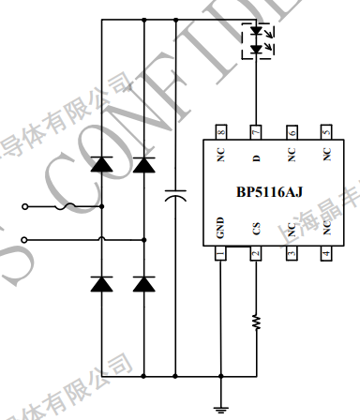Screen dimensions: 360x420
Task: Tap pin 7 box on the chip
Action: click(255, 132)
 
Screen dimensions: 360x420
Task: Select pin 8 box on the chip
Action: click(220, 132)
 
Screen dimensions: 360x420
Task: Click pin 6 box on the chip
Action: click(291, 132)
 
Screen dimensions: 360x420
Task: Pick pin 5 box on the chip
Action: click(326, 132)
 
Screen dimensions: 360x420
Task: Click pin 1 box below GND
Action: click(220, 253)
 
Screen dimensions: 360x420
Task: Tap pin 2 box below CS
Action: click(255, 253)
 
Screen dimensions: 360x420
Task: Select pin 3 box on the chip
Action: click(291, 253)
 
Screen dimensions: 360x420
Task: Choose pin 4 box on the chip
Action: click(326, 253)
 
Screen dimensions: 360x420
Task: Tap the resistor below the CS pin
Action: click(255, 322)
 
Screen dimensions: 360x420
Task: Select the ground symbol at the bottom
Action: click(219, 406)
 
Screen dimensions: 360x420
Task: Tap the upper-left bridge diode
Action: click(101, 166)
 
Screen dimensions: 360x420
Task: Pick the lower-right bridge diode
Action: click(143, 283)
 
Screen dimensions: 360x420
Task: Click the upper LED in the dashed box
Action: click(255, 32)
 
